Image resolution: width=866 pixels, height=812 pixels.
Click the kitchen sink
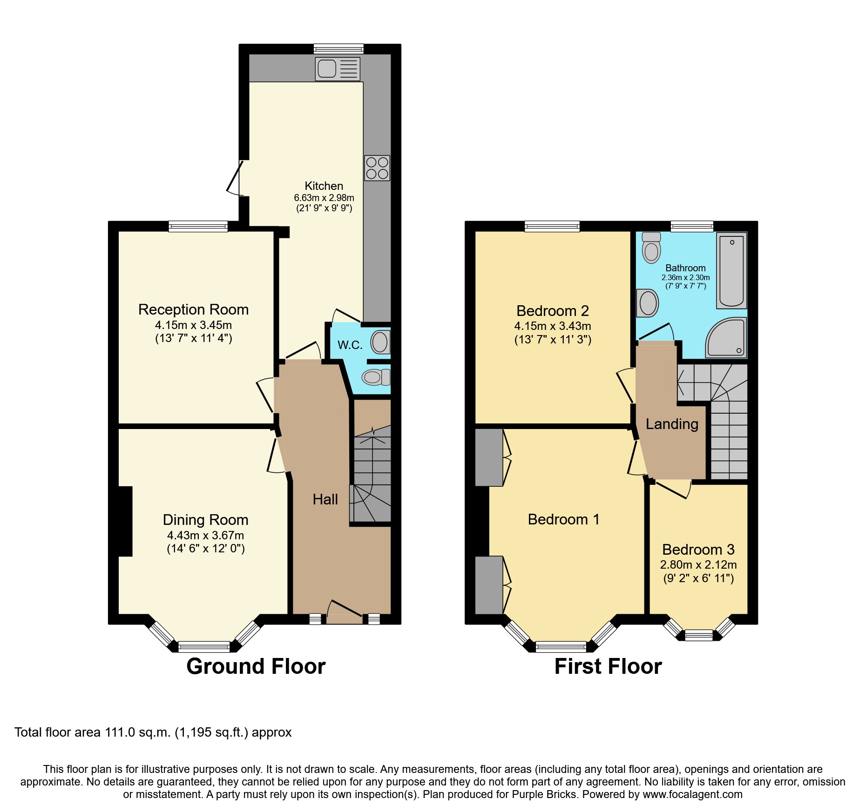point(338,69)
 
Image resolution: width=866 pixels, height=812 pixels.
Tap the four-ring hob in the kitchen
point(377,168)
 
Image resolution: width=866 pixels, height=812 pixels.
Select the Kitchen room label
point(324,186)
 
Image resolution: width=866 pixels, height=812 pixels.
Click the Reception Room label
point(193,309)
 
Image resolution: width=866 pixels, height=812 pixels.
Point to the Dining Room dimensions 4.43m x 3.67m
point(205,536)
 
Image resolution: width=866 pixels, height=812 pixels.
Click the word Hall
point(325,499)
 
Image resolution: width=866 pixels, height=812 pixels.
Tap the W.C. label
point(350,345)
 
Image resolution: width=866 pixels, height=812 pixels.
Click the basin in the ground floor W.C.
point(380,342)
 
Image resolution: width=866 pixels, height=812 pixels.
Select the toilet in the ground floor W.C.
point(376,377)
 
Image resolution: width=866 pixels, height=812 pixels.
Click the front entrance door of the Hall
point(345,612)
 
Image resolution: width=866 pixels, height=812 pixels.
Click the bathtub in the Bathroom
point(731,270)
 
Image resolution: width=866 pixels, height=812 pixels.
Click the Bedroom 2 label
point(552,310)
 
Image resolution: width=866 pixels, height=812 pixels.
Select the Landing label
point(671,424)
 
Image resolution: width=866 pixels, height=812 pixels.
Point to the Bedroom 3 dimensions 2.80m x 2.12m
point(698,565)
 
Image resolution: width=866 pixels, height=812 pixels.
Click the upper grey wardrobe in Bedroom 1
point(489,457)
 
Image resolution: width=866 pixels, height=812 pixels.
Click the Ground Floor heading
point(256,666)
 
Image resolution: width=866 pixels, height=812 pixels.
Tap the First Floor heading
point(608,666)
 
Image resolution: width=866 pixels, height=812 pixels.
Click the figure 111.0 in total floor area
point(120,732)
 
